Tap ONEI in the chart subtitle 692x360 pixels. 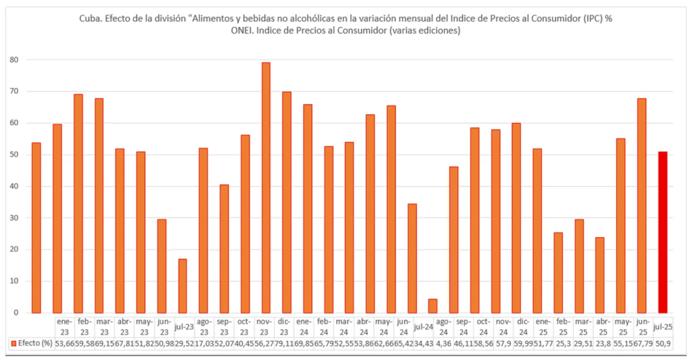click(x=245, y=32)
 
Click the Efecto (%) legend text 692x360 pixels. click(x=35, y=343)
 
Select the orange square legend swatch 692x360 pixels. click(x=14, y=343)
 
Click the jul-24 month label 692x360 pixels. click(x=423, y=327)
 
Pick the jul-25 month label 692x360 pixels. click(x=663, y=327)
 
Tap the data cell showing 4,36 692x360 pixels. click(x=443, y=343)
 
